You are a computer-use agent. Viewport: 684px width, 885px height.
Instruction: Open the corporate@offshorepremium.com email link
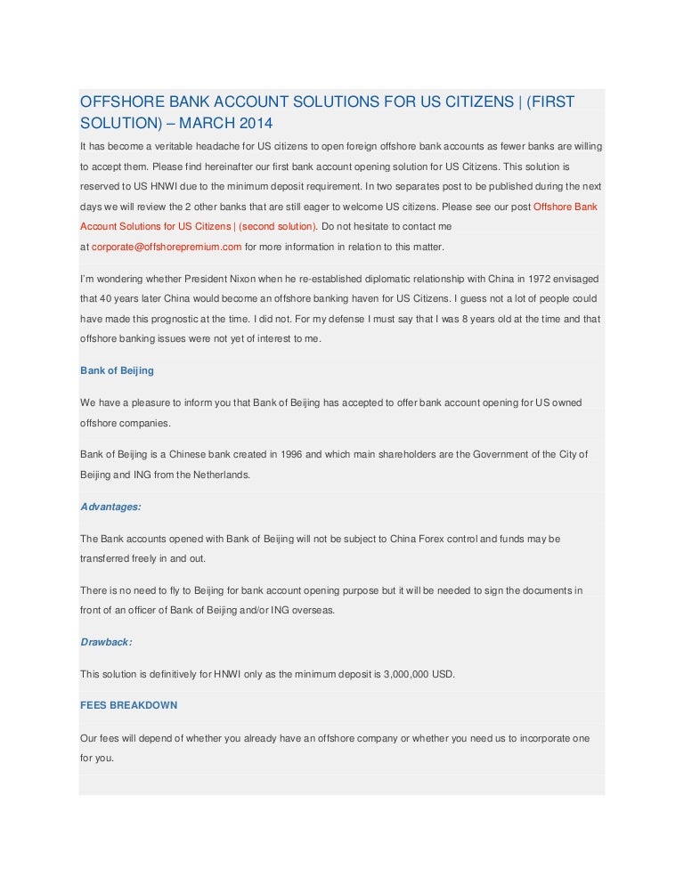coord(167,247)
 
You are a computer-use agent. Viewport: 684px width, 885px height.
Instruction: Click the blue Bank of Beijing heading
coord(117,370)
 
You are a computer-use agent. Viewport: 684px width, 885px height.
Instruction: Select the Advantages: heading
coord(110,506)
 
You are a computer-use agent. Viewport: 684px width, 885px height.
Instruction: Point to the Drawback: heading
coord(106,641)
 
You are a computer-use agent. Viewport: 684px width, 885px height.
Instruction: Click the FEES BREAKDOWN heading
coord(128,705)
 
